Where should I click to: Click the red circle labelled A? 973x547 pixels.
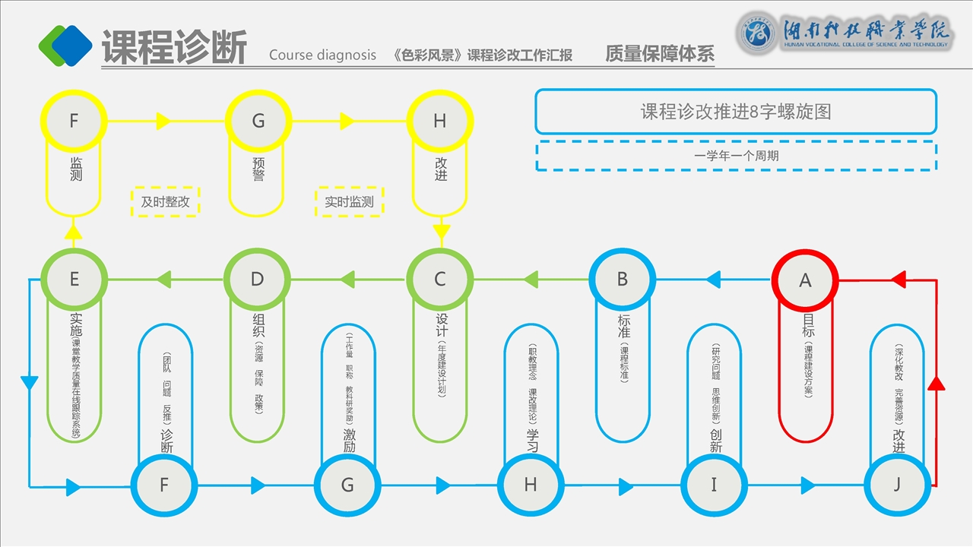pyautogui.click(x=805, y=280)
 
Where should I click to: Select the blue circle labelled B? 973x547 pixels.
pyautogui.click(x=622, y=279)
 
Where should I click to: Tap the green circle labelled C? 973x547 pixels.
pyautogui.click(x=439, y=279)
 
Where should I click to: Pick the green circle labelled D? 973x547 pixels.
pyautogui.click(x=257, y=279)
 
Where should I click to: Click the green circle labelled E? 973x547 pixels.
pyautogui.click(x=74, y=279)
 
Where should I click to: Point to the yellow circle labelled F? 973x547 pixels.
pyautogui.click(x=74, y=121)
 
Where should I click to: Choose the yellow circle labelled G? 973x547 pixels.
pyautogui.click(x=258, y=121)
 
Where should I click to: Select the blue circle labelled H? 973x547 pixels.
pyautogui.click(x=531, y=485)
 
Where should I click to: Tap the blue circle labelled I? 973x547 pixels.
pyautogui.click(x=714, y=485)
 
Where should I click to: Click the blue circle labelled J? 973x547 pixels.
pyautogui.click(x=897, y=485)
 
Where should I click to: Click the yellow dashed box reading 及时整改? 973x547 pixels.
pyautogui.click(x=165, y=202)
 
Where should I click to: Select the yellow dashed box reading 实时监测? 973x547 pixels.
pyautogui.click(x=349, y=202)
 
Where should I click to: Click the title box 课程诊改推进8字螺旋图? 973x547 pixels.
pyautogui.click(x=735, y=112)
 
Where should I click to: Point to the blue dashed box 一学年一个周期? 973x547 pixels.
pyautogui.click(x=735, y=156)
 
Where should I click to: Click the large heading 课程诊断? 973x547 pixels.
pyautogui.click(x=174, y=48)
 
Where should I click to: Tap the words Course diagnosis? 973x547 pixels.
pyautogui.click(x=322, y=55)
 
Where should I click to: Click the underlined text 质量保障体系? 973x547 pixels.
pyautogui.click(x=660, y=54)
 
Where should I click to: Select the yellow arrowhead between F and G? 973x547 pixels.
pyautogui.click(x=163, y=121)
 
